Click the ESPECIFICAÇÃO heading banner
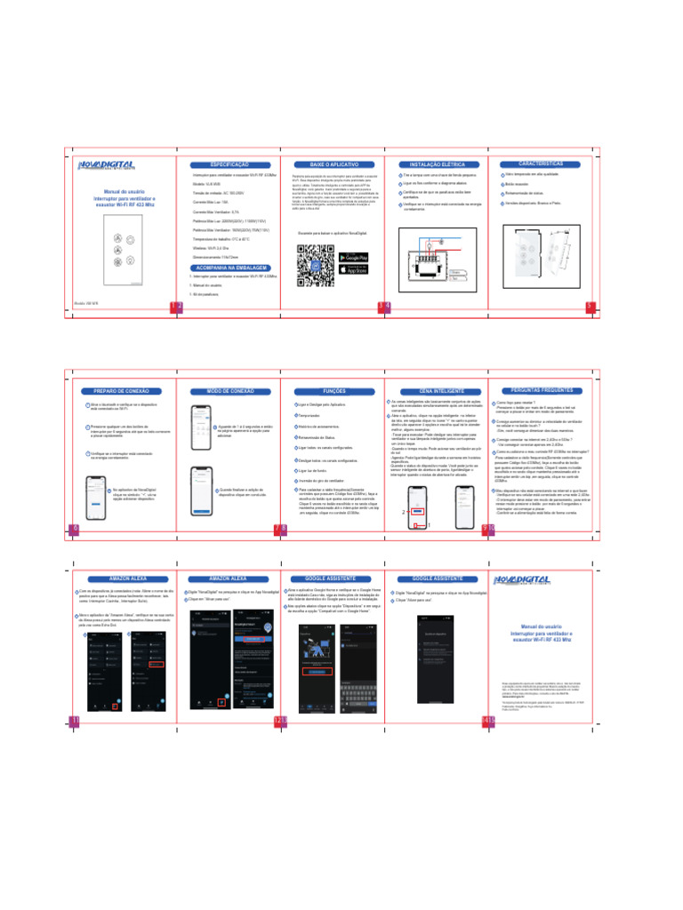(x=229, y=166)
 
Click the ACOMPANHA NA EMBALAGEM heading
(x=229, y=267)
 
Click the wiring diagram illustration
(x=430, y=258)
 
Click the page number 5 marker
(x=589, y=307)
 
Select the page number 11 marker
(x=74, y=719)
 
